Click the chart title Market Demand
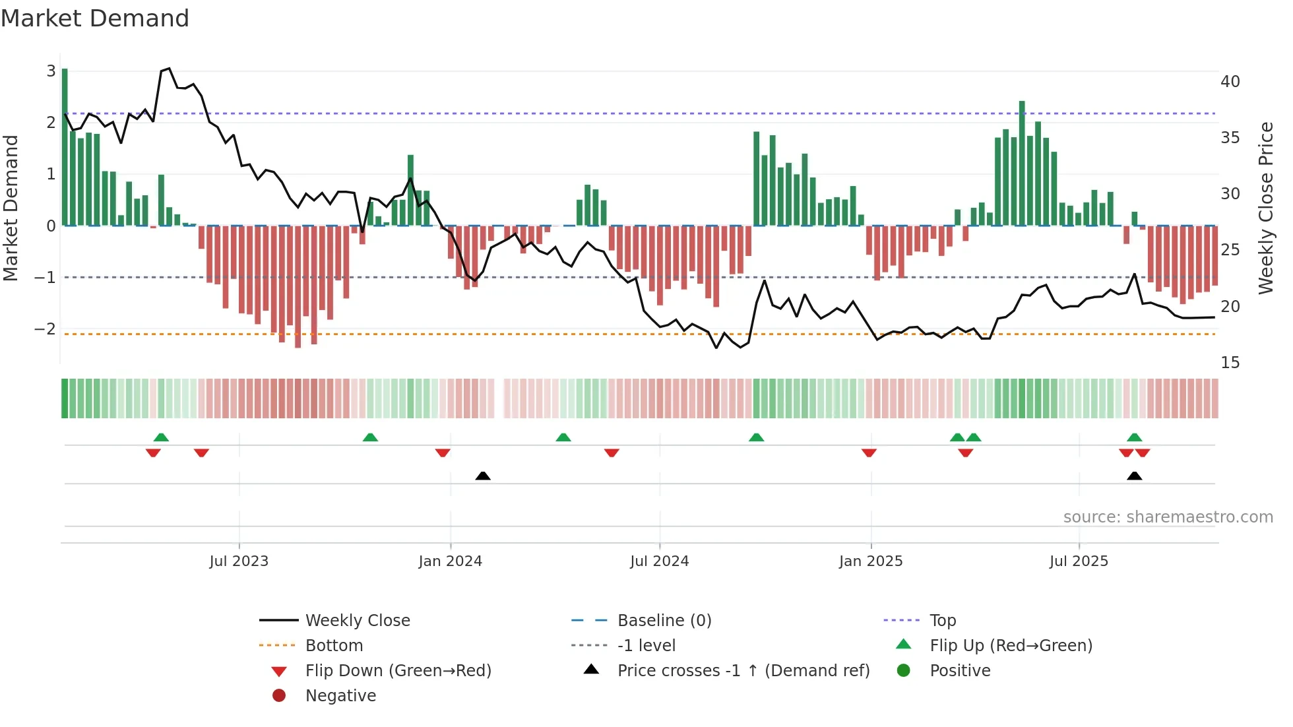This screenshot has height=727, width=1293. (x=95, y=18)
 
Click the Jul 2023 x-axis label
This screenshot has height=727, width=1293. (x=239, y=561)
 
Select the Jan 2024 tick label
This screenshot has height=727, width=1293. (x=451, y=561)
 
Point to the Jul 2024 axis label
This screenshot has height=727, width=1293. (x=659, y=561)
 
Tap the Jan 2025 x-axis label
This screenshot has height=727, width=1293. (x=871, y=561)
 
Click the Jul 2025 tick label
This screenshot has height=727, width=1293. (x=1079, y=561)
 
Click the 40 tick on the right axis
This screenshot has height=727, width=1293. (x=1230, y=82)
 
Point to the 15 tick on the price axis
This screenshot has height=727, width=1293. (x=1230, y=363)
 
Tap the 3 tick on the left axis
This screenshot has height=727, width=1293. (x=51, y=71)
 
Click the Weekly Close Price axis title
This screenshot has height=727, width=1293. (x=1265, y=208)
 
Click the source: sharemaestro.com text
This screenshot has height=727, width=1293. (x=1168, y=517)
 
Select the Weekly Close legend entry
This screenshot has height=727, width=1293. (x=357, y=621)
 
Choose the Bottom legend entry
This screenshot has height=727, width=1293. (x=334, y=646)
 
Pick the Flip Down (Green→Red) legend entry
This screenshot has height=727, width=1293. (x=398, y=671)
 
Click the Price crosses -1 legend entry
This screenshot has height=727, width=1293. (x=743, y=671)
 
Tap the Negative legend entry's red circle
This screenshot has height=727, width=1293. (x=279, y=696)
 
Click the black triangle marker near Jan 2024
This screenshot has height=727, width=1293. (x=483, y=476)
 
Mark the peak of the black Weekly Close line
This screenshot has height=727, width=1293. (x=169, y=69)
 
